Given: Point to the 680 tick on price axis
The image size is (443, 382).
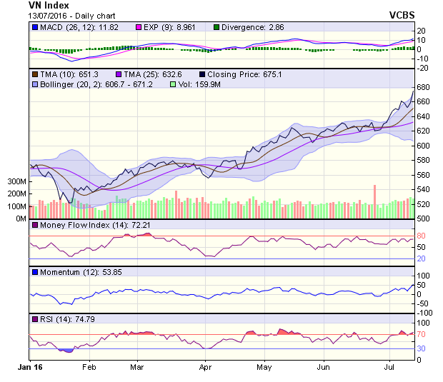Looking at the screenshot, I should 423,87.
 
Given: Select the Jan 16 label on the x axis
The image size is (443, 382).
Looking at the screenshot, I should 30,367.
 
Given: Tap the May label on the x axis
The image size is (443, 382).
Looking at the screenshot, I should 264,367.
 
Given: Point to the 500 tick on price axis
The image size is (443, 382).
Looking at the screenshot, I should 423,218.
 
